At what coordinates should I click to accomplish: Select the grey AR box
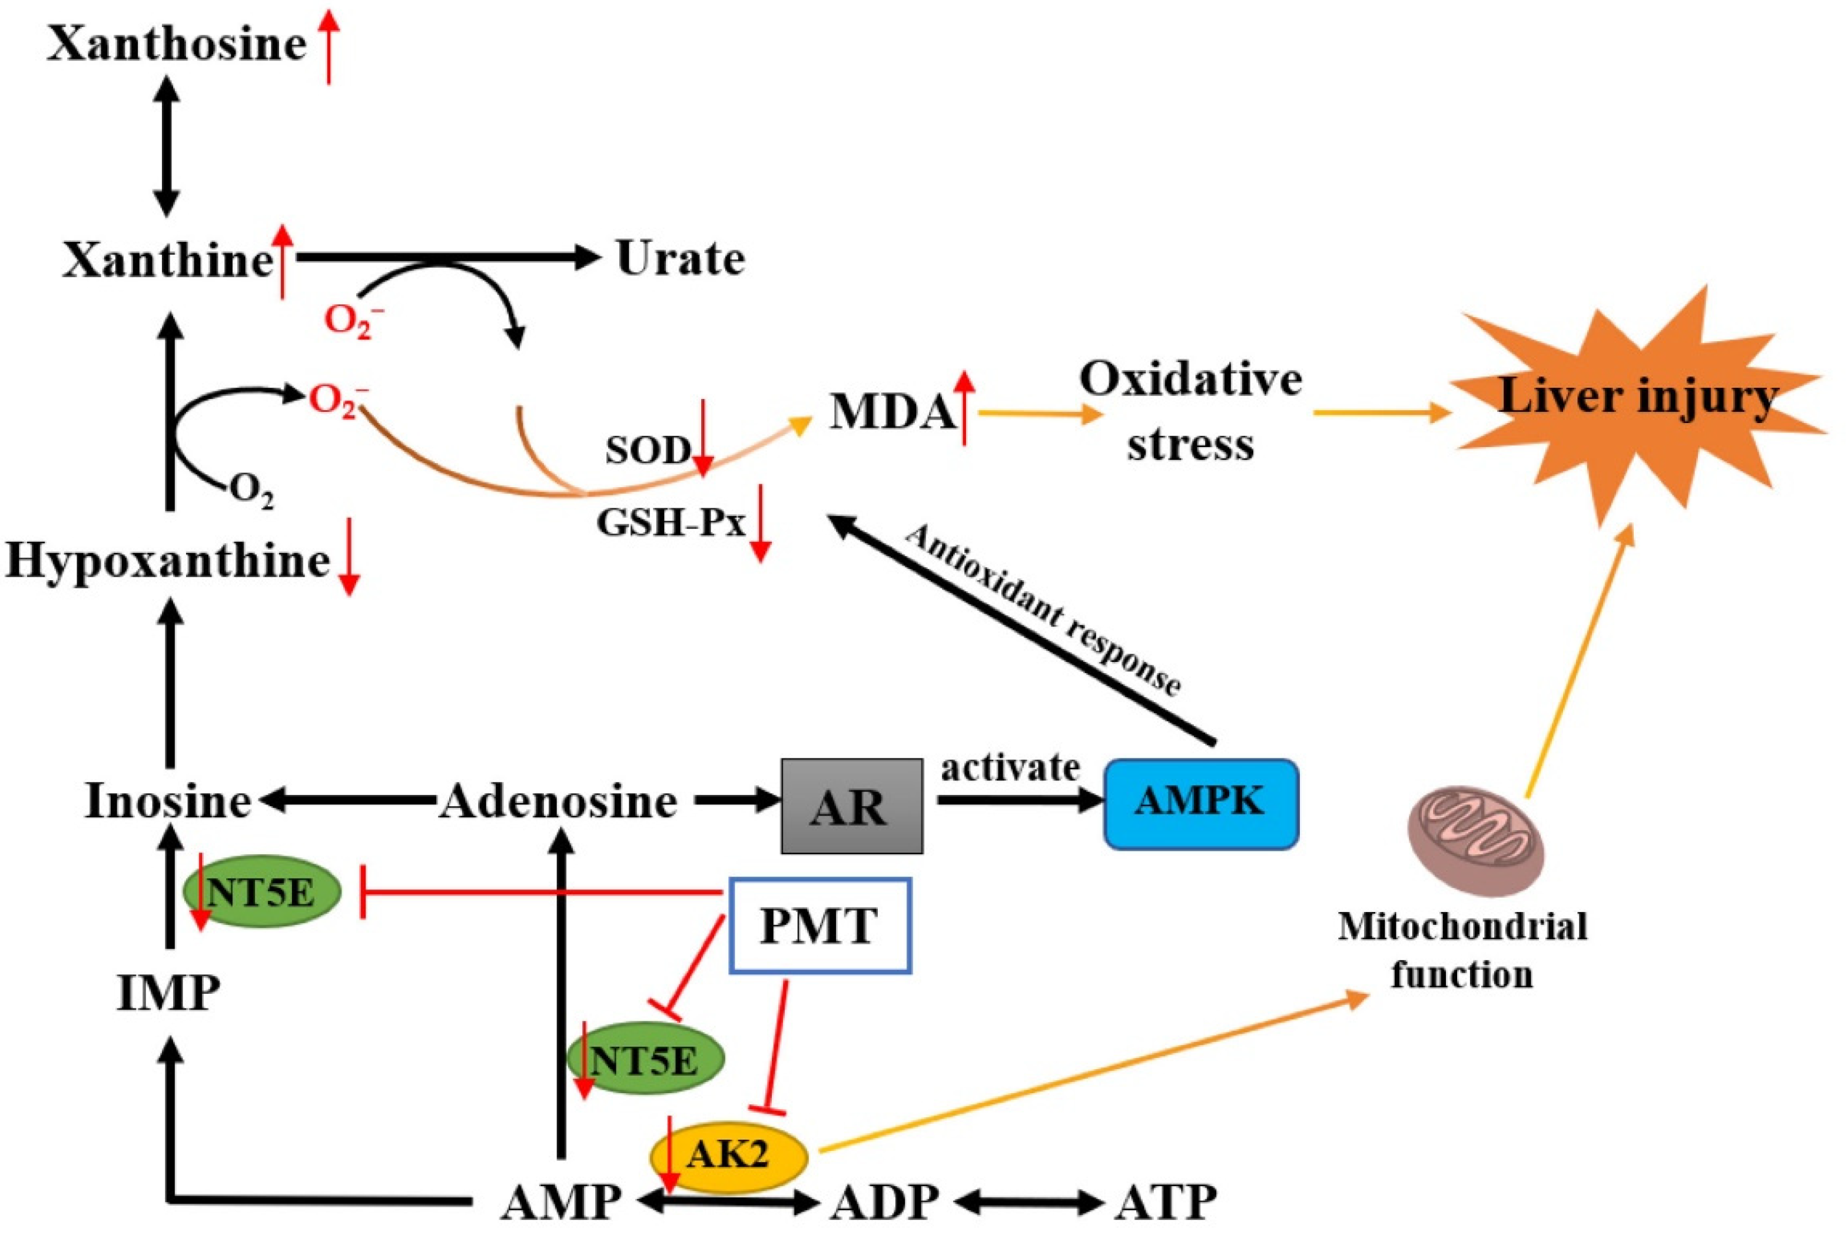[852, 805]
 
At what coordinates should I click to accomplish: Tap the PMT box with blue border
[820, 926]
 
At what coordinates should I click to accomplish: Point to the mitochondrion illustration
[1476, 842]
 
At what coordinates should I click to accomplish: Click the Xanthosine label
[177, 44]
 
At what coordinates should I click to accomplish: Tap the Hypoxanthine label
[168, 561]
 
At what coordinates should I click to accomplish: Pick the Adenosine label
[559, 803]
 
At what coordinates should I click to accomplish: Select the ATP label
[1166, 1202]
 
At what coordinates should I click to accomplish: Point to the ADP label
[884, 1202]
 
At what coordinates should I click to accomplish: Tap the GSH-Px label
[671, 521]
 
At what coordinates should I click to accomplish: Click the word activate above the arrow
[1010, 767]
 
